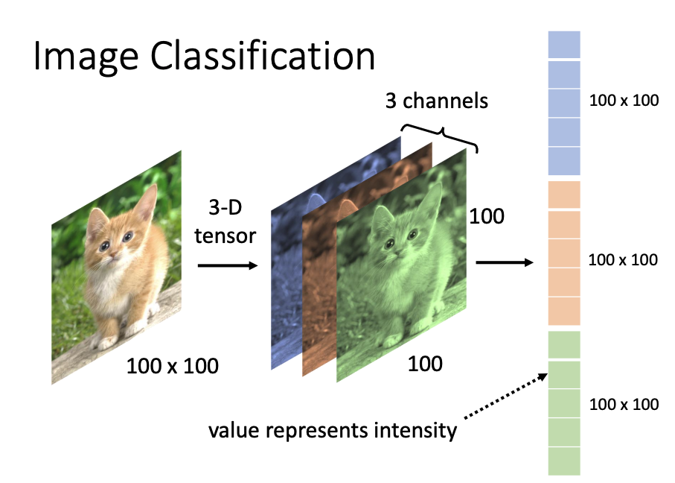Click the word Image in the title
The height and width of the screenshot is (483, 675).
pyautogui.click(x=86, y=57)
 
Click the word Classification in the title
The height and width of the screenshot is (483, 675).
pyautogui.click(x=263, y=55)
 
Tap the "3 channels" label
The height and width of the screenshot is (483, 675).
pyautogui.click(x=437, y=101)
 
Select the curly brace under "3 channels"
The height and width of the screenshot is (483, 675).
pyautogui.click(x=439, y=137)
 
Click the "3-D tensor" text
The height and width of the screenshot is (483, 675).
pyautogui.click(x=225, y=221)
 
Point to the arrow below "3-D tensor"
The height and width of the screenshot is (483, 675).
pyautogui.click(x=228, y=265)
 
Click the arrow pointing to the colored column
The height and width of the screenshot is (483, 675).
pyautogui.click(x=505, y=262)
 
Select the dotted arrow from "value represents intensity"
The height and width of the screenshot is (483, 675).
pyautogui.click(x=506, y=396)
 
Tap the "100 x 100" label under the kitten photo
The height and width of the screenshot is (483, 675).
pyautogui.click(x=173, y=366)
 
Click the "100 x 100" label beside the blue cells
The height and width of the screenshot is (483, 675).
pyautogui.click(x=624, y=101)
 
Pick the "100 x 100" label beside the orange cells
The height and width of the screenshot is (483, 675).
pyautogui.click(x=623, y=259)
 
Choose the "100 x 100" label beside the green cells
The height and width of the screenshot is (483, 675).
pyautogui.click(x=624, y=404)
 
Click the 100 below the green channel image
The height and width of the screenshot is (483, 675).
pyautogui.click(x=425, y=364)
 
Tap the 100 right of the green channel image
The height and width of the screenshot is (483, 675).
pyautogui.click(x=487, y=216)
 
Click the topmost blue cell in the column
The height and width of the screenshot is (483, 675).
pyautogui.click(x=564, y=45)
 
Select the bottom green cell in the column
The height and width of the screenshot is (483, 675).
pyautogui.click(x=564, y=461)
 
